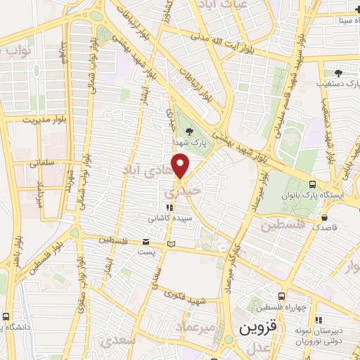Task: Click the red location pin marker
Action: pos(181,166)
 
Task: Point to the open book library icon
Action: pos(172,245)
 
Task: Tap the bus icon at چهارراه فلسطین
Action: pos(282,296)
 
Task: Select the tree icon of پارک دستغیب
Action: pos(338,72)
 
